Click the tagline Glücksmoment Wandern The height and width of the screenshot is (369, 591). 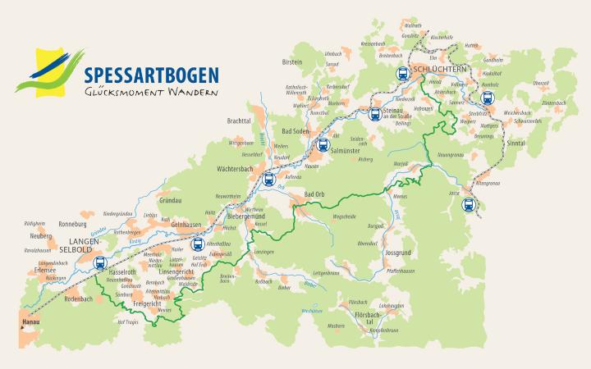tap(151, 93)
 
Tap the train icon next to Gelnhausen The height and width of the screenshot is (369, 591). tap(198, 244)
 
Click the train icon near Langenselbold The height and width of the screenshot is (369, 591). tap(99, 264)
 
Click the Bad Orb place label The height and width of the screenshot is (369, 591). tap(315, 194)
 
